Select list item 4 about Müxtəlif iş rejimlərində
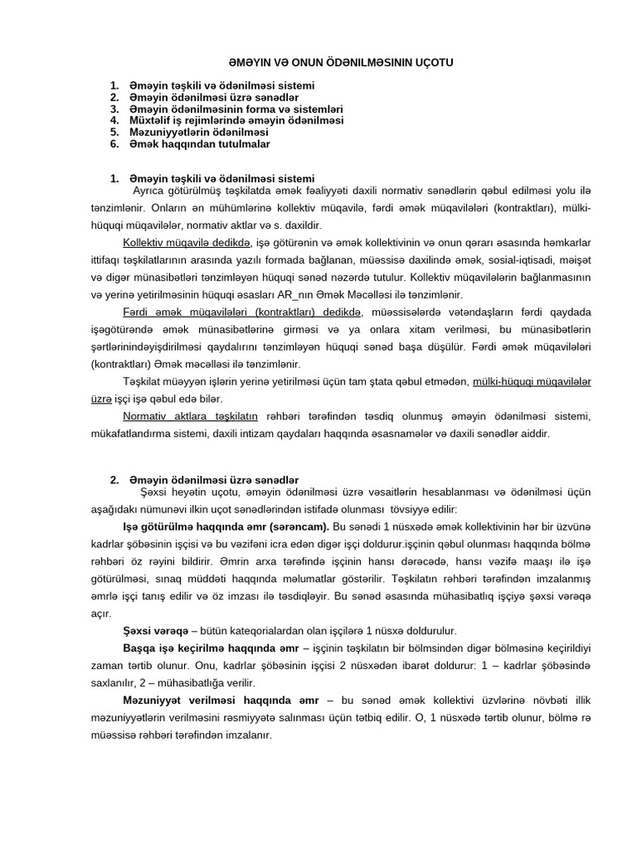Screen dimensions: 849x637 (236, 120)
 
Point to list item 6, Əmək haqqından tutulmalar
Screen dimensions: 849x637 (199, 143)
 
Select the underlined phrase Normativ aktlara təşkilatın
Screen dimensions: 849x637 (190, 415)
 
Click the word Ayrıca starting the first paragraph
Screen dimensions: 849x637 (151, 189)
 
